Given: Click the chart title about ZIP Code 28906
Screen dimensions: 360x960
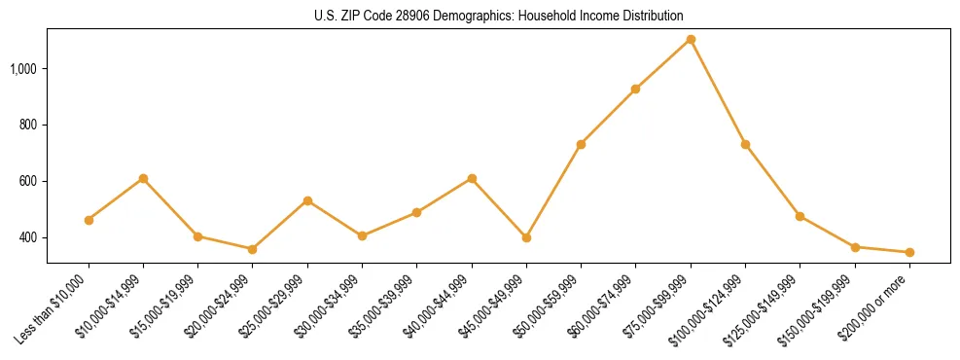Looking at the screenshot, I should pyautogui.click(x=499, y=16).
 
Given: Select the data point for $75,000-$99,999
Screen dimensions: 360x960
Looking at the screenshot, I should pyautogui.click(x=691, y=39).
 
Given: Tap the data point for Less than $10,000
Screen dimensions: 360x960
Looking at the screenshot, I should pyautogui.click(x=89, y=220).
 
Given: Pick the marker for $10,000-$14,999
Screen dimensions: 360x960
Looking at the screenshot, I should pyautogui.click(x=143, y=178).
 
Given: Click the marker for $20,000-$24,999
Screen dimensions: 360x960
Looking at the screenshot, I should pyautogui.click(x=253, y=249).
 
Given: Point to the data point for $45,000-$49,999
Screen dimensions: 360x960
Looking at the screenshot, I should pyautogui.click(x=526, y=237).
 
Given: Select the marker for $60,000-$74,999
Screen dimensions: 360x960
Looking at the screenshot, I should pyautogui.click(x=635, y=89).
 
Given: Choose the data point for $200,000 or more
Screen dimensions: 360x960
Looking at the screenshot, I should pyautogui.click(x=909, y=252).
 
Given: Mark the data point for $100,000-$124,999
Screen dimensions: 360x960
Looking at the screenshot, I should pyautogui.click(x=745, y=144).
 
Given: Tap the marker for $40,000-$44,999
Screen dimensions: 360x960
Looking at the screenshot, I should pyautogui.click(x=472, y=178).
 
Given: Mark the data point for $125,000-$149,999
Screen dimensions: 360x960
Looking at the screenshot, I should pyautogui.click(x=800, y=216).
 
